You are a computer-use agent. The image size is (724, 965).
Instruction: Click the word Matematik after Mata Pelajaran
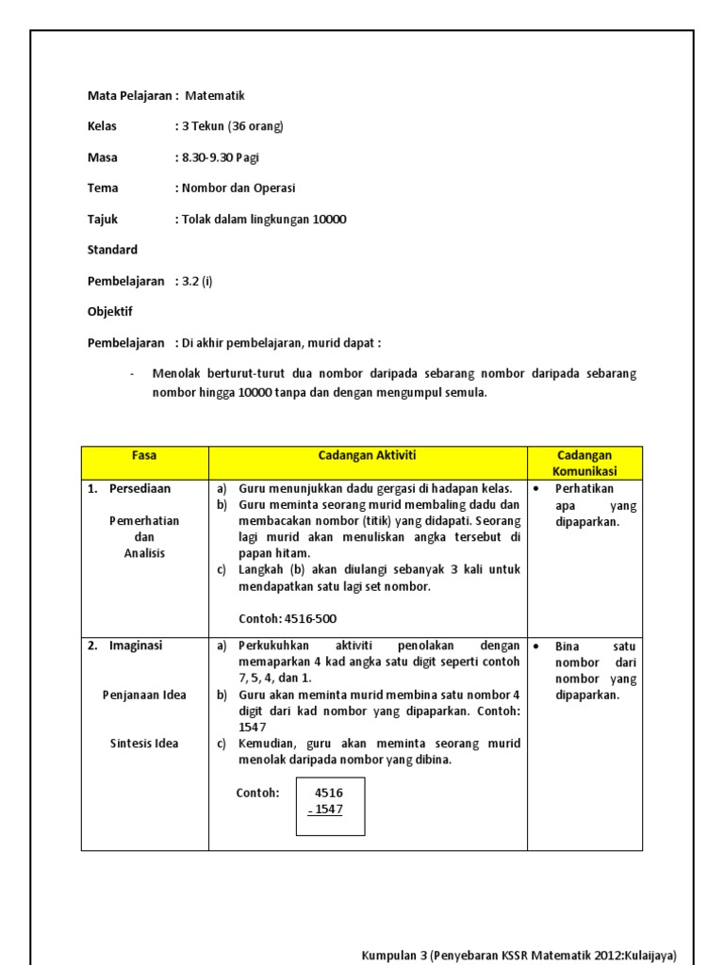click(215, 95)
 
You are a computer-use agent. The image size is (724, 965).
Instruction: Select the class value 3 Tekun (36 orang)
click(229, 126)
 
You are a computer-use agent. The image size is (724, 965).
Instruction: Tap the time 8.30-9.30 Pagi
click(220, 157)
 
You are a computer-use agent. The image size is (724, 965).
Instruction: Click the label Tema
click(103, 188)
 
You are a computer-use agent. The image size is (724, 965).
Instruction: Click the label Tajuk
click(103, 220)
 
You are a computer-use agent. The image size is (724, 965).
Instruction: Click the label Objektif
click(110, 311)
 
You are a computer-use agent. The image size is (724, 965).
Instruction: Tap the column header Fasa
click(144, 455)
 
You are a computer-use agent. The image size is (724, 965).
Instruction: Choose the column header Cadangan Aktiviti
click(367, 455)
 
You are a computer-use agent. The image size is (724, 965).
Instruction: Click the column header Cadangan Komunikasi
click(584, 463)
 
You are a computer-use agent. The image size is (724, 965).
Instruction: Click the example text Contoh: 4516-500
click(288, 619)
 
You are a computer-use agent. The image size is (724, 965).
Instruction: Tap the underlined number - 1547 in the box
click(326, 810)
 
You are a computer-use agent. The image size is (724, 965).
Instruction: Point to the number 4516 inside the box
click(329, 793)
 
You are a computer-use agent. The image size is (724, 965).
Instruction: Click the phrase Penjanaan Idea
click(144, 695)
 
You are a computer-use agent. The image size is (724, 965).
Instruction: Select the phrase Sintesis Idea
click(144, 744)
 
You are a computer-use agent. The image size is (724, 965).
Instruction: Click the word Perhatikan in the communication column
click(584, 488)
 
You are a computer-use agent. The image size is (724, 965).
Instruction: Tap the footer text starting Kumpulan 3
click(518, 956)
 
